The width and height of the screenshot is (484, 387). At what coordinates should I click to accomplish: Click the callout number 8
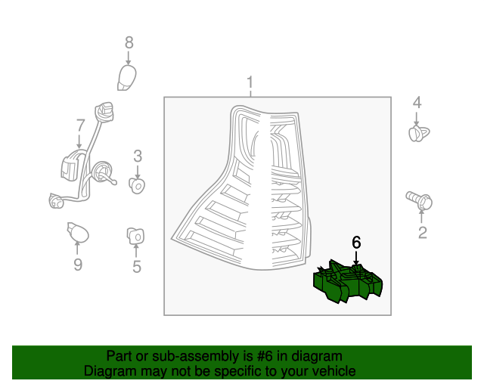[x=129, y=43]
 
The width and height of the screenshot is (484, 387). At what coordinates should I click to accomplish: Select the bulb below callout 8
[x=129, y=77]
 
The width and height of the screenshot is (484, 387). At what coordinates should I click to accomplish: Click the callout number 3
[x=138, y=156]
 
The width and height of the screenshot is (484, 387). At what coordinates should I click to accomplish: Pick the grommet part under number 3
[x=138, y=184]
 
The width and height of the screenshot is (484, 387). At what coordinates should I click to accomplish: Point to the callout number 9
[x=77, y=264]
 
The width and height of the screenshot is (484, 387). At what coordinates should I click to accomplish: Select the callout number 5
[x=137, y=266]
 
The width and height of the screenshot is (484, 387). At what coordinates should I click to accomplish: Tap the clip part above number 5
[x=136, y=236]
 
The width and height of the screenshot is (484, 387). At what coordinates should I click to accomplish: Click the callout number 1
[x=250, y=82]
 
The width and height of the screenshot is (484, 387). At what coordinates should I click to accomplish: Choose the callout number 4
[x=417, y=103]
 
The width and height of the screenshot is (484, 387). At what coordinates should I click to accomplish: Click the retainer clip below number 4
[x=417, y=134]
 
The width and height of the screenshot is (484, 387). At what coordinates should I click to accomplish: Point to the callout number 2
[x=422, y=233]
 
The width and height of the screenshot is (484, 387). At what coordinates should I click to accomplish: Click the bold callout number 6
[x=356, y=243]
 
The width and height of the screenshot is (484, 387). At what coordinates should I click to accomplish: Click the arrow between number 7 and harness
[x=80, y=141]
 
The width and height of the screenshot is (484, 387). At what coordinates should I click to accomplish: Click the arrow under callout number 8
[x=129, y=58]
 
